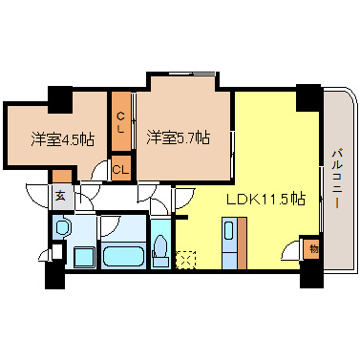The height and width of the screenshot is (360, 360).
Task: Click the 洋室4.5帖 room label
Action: coord(62,139)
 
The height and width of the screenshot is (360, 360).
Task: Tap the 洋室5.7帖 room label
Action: coord(179,138)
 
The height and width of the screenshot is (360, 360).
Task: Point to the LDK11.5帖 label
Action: coord(265,201)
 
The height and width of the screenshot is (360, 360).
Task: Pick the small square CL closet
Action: coord(120,169)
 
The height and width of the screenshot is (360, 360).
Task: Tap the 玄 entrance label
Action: coord(59,199)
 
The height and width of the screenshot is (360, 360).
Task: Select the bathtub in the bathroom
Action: coord(121,255)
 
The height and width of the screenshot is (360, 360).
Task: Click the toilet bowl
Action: coord(159,253)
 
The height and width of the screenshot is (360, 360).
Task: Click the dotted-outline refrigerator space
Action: coord(186,258)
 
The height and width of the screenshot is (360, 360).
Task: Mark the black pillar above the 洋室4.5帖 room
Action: coord(60,97)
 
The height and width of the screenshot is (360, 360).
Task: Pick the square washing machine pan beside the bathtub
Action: coord(81,256)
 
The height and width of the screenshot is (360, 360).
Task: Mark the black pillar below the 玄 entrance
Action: coord(53,277)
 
